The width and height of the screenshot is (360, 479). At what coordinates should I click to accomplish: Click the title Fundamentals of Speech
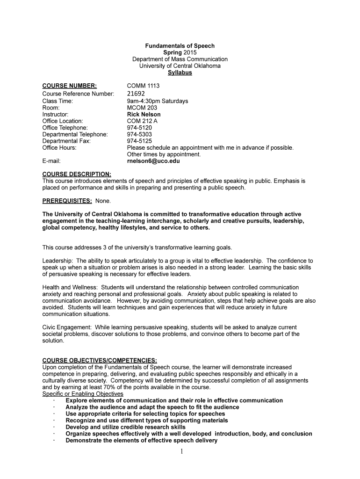coord(180,46)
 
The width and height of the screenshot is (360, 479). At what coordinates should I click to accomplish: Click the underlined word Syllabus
coord(180,73)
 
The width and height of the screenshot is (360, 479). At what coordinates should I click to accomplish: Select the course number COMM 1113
coord(143,86)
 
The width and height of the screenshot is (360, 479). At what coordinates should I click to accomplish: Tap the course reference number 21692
coord(139,94)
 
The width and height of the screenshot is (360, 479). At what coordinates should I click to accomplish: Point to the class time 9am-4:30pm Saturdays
coord(157,101)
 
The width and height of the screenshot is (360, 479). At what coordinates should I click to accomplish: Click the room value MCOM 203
coord(142,108)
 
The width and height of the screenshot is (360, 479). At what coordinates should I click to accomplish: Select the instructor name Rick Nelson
coord(144,114)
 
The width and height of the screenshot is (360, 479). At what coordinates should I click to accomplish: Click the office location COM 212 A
coord(142,121)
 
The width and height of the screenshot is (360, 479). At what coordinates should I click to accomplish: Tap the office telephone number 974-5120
coord(139,127)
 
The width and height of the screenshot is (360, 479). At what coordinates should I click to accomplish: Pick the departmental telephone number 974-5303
coord(139,134)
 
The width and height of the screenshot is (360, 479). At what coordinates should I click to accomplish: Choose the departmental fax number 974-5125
coord(139,141)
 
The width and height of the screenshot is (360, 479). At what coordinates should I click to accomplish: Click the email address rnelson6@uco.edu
coord(153,161)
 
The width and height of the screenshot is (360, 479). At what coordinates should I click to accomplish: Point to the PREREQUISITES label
coord(67,201)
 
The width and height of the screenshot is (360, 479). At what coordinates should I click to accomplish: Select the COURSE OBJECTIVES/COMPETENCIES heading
coord(100,360)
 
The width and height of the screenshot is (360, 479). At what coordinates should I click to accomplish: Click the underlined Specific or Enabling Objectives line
coord(83,394)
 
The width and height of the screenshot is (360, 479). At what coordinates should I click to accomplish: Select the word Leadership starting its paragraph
coord(57,261)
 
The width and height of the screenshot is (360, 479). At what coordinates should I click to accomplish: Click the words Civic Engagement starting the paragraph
coord(65,327)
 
